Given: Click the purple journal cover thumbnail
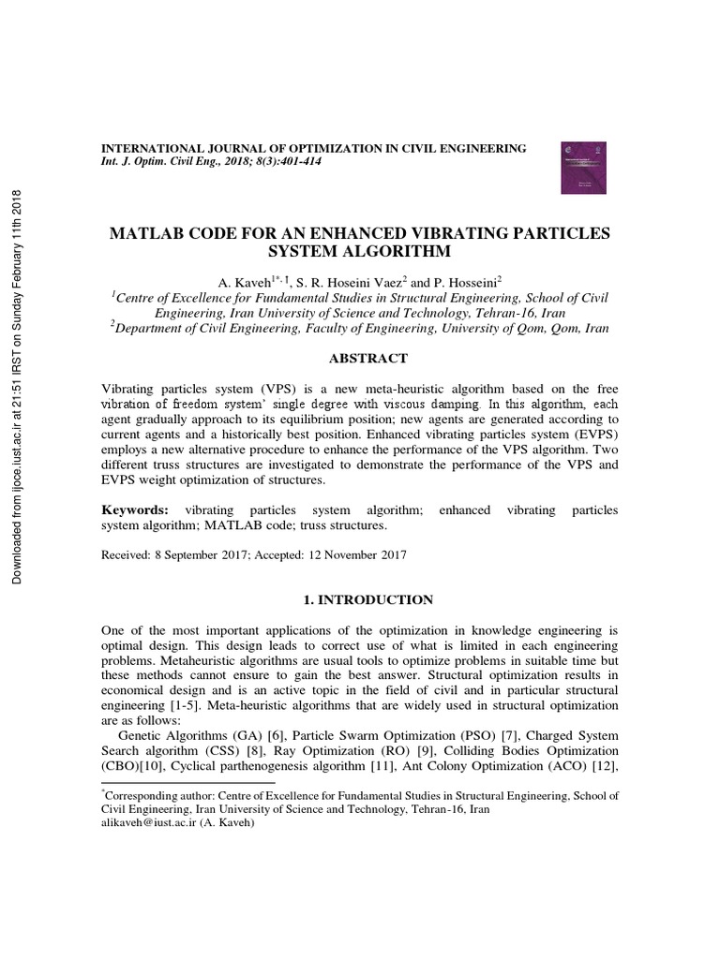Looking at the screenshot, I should point(581,168).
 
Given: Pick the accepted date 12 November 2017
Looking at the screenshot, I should point(352,554).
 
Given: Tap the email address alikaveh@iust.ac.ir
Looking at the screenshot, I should point(145,823).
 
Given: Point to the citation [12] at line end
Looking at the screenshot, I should point(606,767).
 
